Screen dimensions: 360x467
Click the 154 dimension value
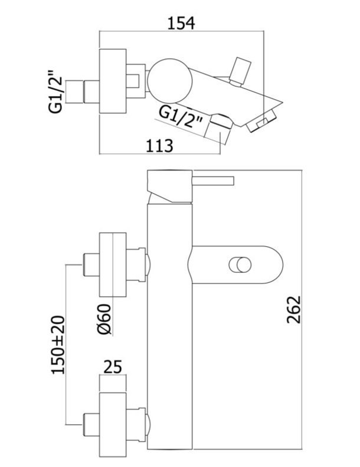[181, 23]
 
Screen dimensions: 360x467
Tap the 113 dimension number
[159, 146]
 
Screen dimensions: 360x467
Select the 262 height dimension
[294, 309]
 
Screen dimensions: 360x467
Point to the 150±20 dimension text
[58, 345]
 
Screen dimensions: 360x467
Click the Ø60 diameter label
[104, 319]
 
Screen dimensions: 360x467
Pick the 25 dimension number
[113, 367]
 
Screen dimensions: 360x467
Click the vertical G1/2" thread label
[55, 92]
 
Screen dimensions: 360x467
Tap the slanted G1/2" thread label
[181, 116]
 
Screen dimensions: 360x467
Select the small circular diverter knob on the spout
[240, 264]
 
